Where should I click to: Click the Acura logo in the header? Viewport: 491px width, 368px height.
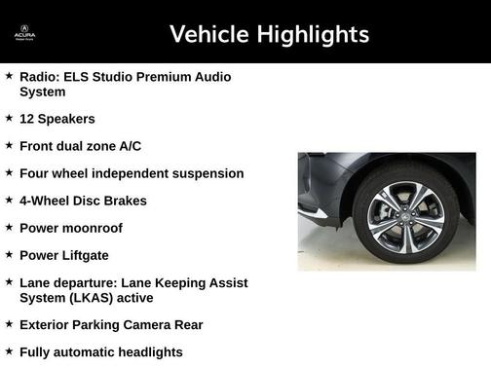pos(24,34)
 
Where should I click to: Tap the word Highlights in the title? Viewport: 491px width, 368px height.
pos(313,35)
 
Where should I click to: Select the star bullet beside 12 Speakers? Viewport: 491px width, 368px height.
pos(9,118)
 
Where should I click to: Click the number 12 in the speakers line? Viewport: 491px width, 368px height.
pos(27,119)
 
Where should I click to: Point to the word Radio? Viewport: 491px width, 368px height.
pos(39,76)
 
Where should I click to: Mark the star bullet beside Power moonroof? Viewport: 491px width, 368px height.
pos(9,227)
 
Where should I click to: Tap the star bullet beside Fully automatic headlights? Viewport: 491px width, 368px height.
pos(9,351)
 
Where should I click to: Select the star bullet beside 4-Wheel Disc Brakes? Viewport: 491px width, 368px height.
pos(9,200)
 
